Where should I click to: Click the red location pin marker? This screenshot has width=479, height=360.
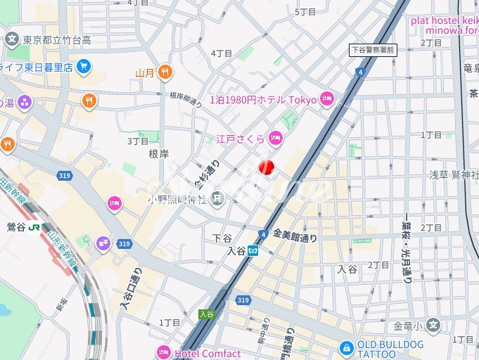coord(266,167)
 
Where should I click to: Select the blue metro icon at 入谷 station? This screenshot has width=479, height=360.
coord(253,250)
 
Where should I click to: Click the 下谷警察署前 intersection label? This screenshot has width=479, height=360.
coord(373,50)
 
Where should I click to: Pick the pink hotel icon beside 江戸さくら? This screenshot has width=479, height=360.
coord(276,138)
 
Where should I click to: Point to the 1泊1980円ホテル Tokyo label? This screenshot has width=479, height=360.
coord(264,100)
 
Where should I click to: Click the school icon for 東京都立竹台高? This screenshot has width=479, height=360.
coord(12,39)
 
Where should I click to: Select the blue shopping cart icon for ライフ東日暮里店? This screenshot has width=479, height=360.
coord(84,67)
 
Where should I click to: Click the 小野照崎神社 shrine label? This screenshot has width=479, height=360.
coord(177,200)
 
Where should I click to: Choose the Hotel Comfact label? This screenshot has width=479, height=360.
coord(207,354)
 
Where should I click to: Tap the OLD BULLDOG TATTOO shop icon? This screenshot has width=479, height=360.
coord(346,347)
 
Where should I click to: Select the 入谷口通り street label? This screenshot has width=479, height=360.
coord(127,288)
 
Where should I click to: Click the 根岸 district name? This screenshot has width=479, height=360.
coord(159,153)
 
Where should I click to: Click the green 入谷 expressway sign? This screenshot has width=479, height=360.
coord(205,314)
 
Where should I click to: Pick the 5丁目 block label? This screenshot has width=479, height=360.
coord(306,12)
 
